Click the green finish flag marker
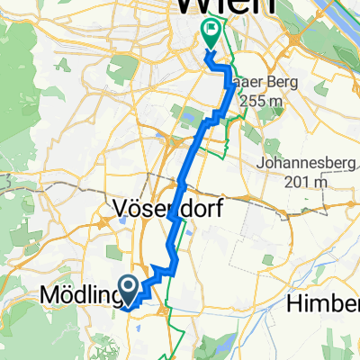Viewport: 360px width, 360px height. click(210, 33)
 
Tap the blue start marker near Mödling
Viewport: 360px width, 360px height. click(129, 288)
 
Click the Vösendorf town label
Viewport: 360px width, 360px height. click(168, 210)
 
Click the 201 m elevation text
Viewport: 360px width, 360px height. click(308, 183)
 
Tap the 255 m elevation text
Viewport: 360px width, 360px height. click(258, 101)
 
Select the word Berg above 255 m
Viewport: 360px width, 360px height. click(266, 83)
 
